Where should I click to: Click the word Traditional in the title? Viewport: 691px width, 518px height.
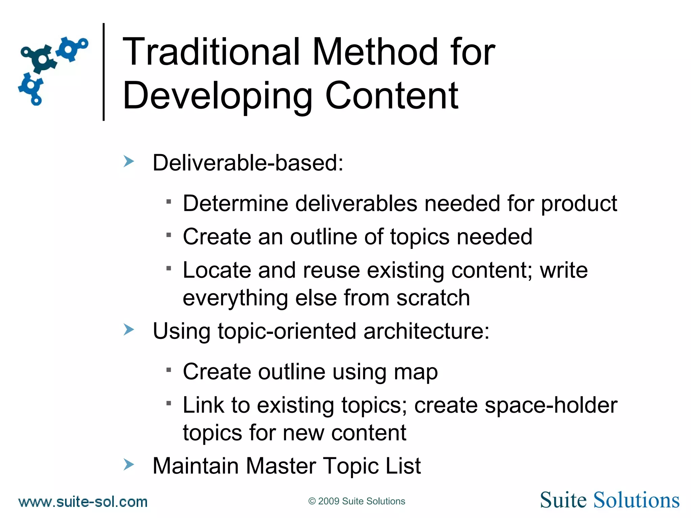[x=211, y=52]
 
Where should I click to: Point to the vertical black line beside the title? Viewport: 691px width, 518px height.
[x=104, y=71]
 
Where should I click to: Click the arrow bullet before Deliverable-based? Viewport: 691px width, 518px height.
[x=129, y=161]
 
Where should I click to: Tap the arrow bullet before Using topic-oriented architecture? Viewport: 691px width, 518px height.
[x=129, y=329]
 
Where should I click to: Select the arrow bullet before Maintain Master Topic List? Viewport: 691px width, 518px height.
[x=129, y=464]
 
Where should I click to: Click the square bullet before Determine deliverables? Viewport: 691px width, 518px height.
[x=169, y=202]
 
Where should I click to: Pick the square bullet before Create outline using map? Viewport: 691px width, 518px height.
[x=169, y=370]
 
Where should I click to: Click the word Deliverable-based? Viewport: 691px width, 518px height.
[x=247, y=163]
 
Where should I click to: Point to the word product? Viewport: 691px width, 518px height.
[x=579, y=204]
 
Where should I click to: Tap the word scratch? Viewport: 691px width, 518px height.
[x=433, y=298]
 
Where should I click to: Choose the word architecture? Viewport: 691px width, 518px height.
[x=426, y=331]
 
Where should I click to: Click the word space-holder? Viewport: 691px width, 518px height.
[x=551, y=405]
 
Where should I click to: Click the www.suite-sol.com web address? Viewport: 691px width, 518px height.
[x=83, y=502]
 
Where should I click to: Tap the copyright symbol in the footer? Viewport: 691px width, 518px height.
[x=312, y=501]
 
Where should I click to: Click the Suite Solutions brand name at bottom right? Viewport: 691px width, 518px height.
[x=609, y=500]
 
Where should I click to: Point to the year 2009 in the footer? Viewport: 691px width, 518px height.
[x=329, y=501]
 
